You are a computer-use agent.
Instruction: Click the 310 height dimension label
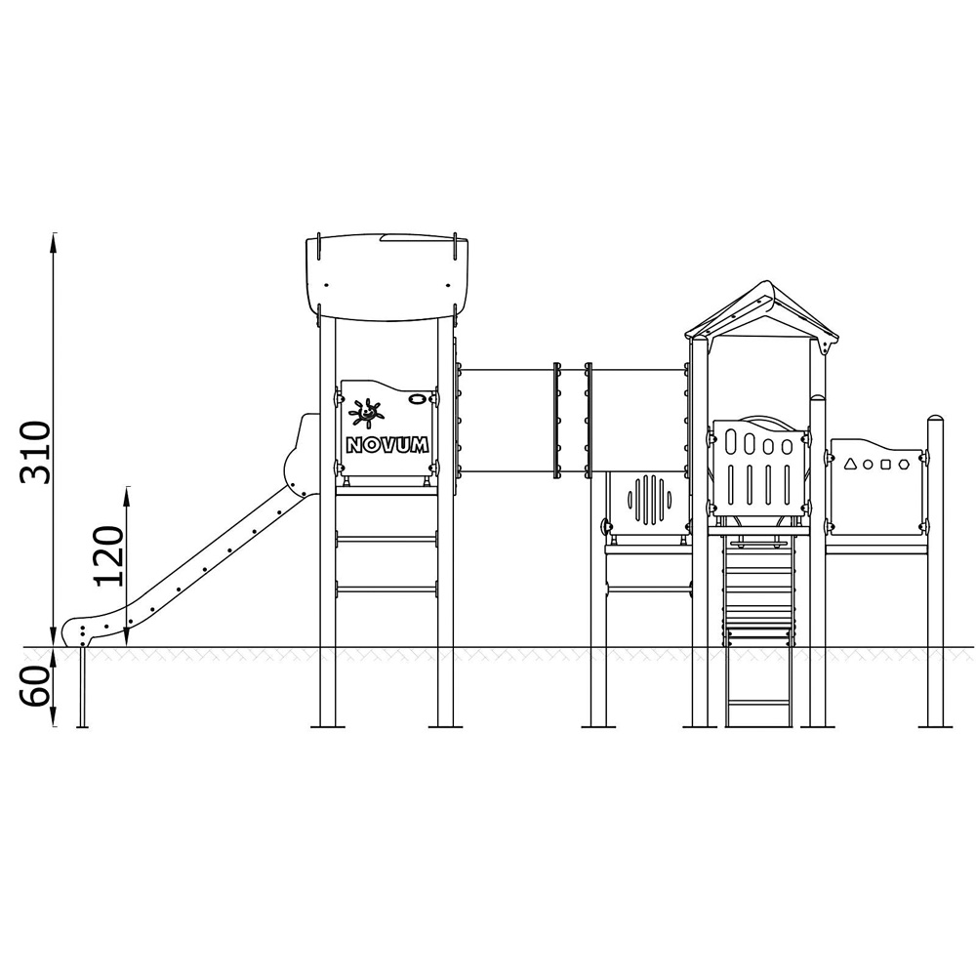pos(35,453)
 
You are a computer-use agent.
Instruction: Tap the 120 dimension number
pos(109,556)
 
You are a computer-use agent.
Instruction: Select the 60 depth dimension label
pos(35,686)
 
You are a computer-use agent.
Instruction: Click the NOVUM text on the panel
pos(387,444)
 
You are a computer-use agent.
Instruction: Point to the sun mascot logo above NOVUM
pos(366,413)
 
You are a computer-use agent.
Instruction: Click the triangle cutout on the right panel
pos(850,463)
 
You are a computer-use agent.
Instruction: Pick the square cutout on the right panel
pos(886,465)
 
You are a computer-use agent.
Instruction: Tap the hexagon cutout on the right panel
pos(904,465)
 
